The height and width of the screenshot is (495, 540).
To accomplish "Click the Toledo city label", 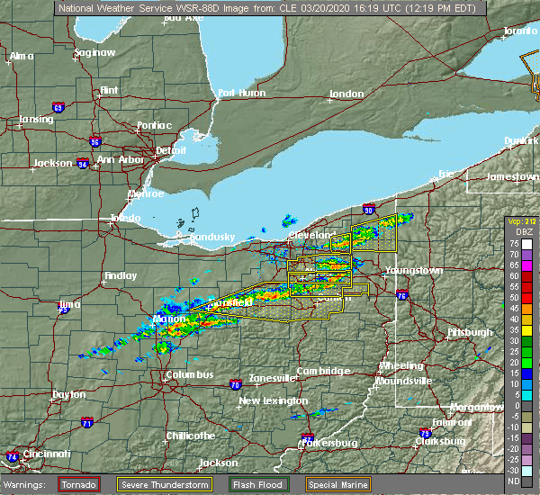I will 125,218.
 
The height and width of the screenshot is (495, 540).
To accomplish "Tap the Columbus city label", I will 189,374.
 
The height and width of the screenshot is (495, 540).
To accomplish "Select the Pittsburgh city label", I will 470,332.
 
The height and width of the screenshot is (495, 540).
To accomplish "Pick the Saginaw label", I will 95,52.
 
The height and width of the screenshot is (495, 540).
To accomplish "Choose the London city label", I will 346,94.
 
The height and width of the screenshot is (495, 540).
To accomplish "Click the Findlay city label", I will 120,275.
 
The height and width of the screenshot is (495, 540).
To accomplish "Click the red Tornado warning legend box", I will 80,484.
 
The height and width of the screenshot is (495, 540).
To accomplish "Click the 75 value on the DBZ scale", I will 512,244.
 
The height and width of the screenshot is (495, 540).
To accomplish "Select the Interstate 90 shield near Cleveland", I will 369,210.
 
